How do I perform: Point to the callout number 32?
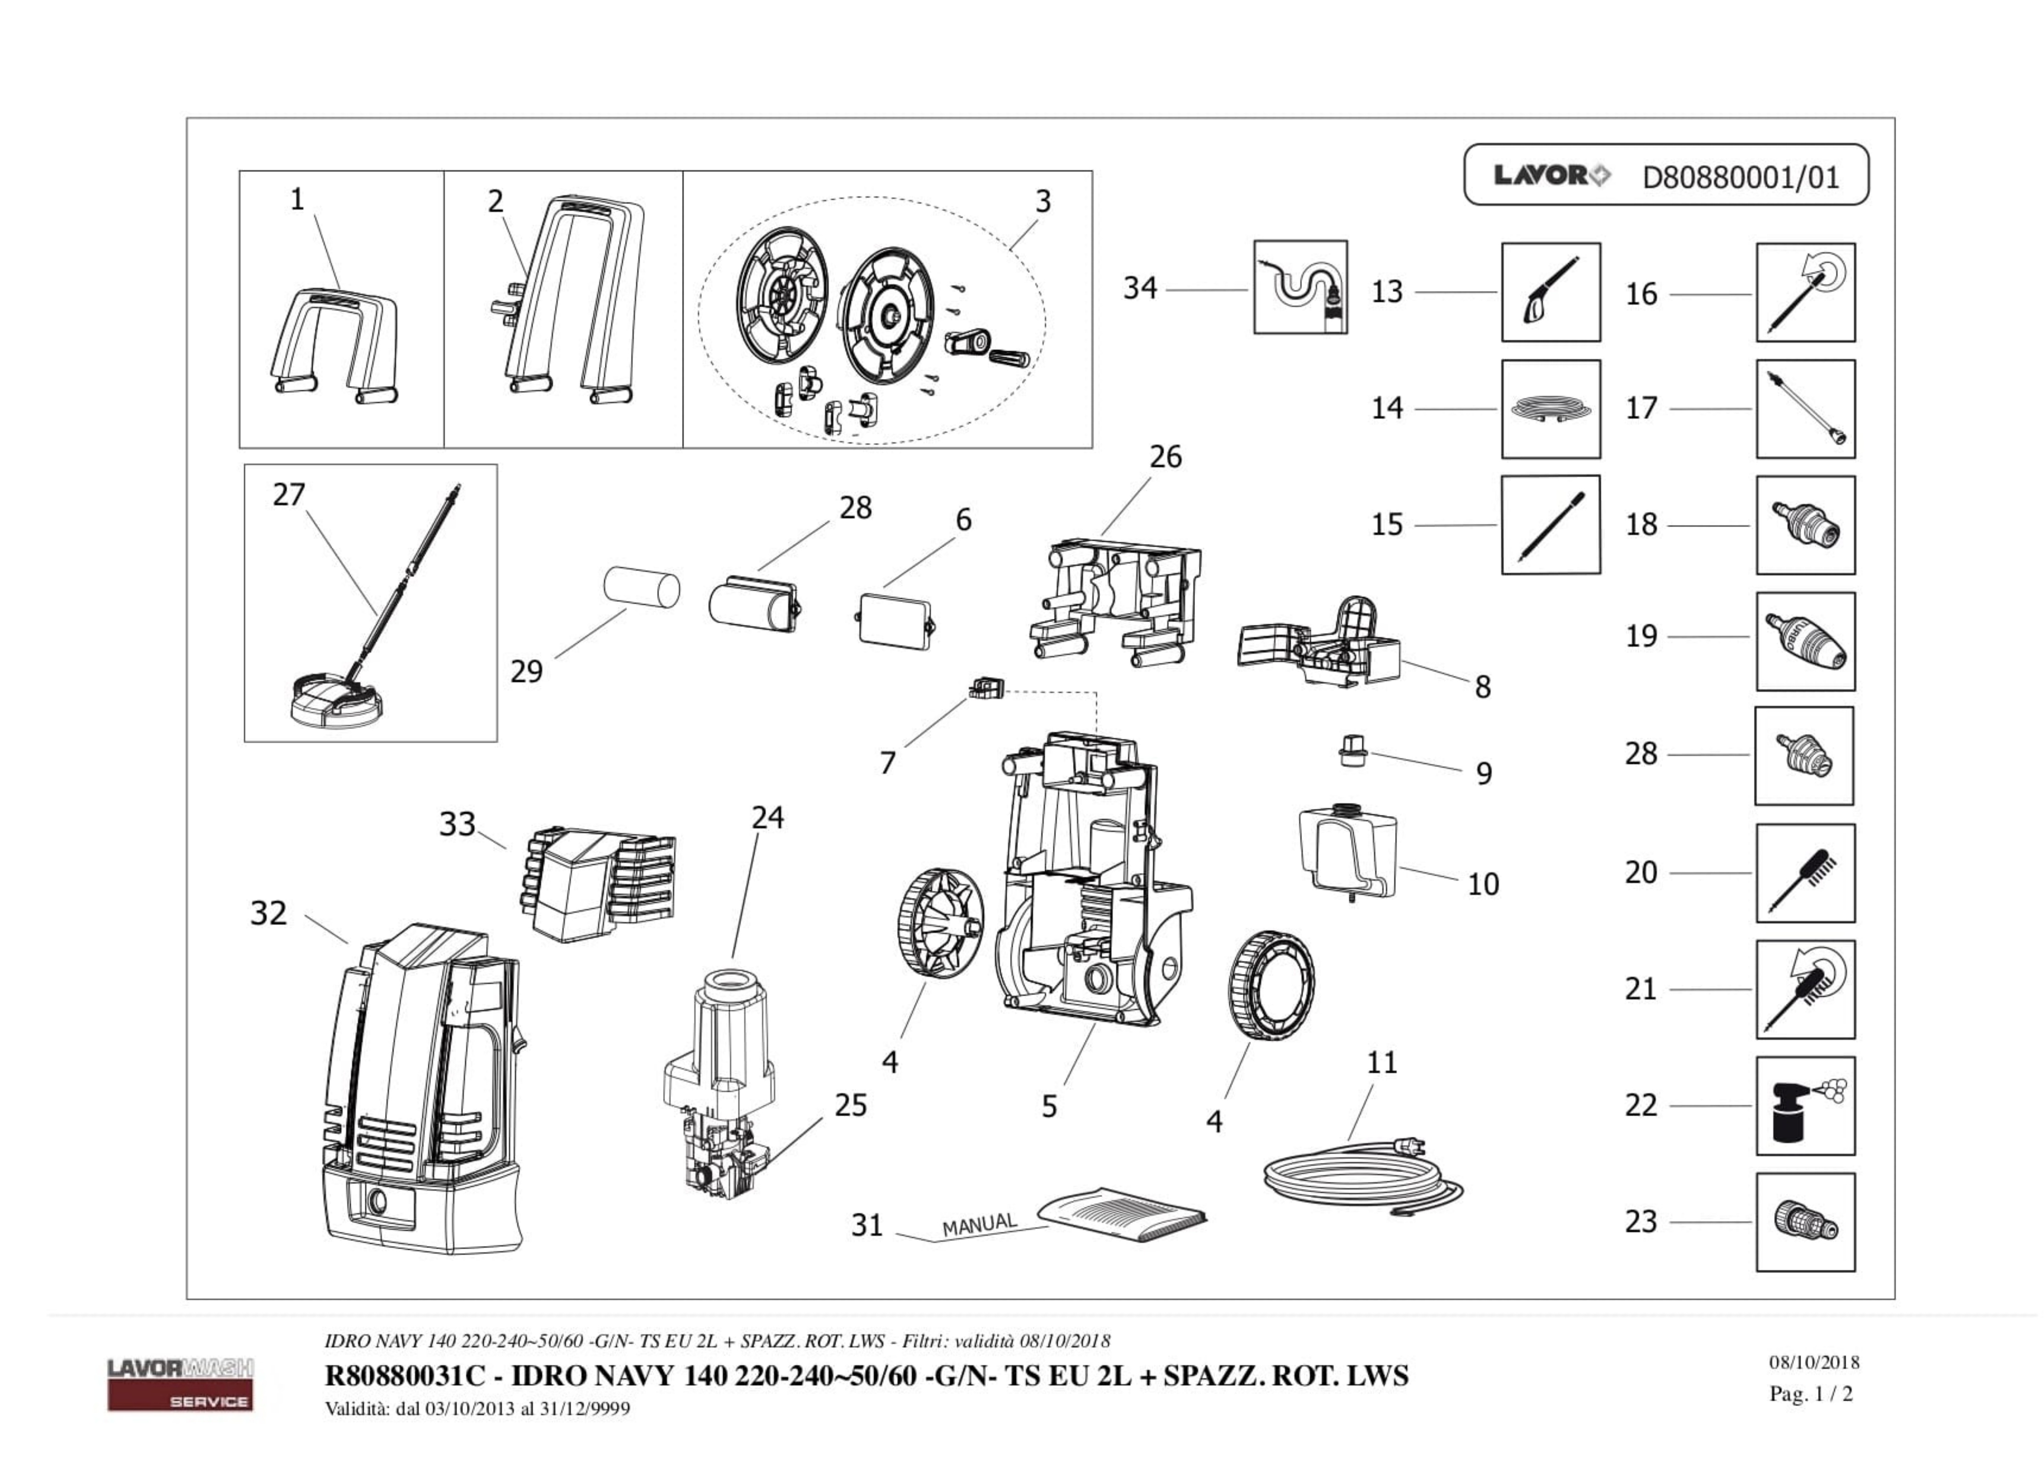(x=268, y=913)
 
